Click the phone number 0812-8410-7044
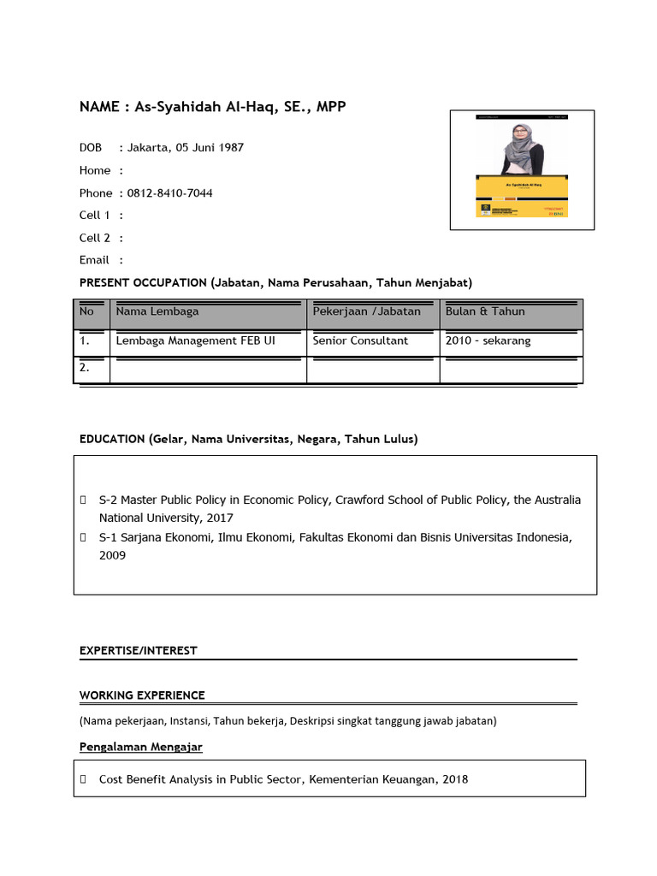point(169,193)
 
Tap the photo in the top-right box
point(522,169)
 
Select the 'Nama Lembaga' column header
point(157,311)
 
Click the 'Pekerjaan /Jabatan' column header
point(366,311)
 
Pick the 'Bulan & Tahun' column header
point(485,311)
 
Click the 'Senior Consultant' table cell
point(360,340)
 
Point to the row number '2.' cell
point(86,368)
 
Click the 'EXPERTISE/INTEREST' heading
point(139,651)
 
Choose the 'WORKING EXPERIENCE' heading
point(142,695)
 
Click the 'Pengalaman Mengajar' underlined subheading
point(141,747)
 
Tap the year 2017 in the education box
point(218,518)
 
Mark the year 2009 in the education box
point(112,555)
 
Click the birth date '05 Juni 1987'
point(210,147)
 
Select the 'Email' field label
point(94,260)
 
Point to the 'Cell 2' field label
point(95,238)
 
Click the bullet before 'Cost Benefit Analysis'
point(83,779)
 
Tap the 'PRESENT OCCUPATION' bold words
point(144,282)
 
